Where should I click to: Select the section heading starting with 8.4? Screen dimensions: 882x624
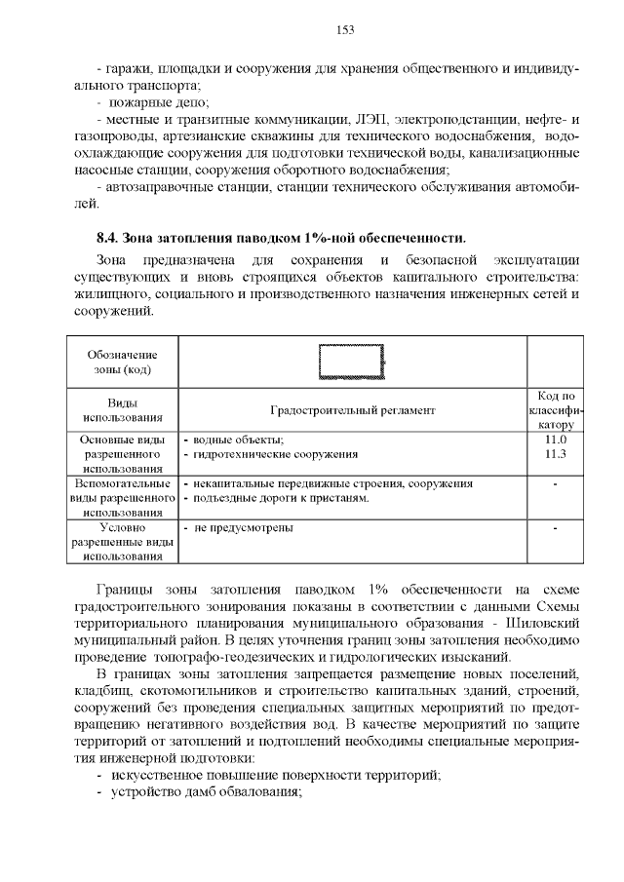click(281, 238)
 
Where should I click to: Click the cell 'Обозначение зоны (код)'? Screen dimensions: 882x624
click(121, 363)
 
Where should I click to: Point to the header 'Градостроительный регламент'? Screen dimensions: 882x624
click(352, 411)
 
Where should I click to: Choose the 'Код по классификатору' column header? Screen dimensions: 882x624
click(555, 410)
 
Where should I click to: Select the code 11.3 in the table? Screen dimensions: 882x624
click(555, 454)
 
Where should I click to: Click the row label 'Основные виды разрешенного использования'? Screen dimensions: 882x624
click(121, 454)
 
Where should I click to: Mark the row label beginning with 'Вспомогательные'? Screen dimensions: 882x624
click(121, 498)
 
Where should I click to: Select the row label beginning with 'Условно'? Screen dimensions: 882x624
click(121, 542)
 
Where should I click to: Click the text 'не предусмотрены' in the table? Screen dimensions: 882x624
click(244, 528)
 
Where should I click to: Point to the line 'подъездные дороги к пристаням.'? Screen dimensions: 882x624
click(282, 498)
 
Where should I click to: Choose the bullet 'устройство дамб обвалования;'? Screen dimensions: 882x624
click(207, 791)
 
